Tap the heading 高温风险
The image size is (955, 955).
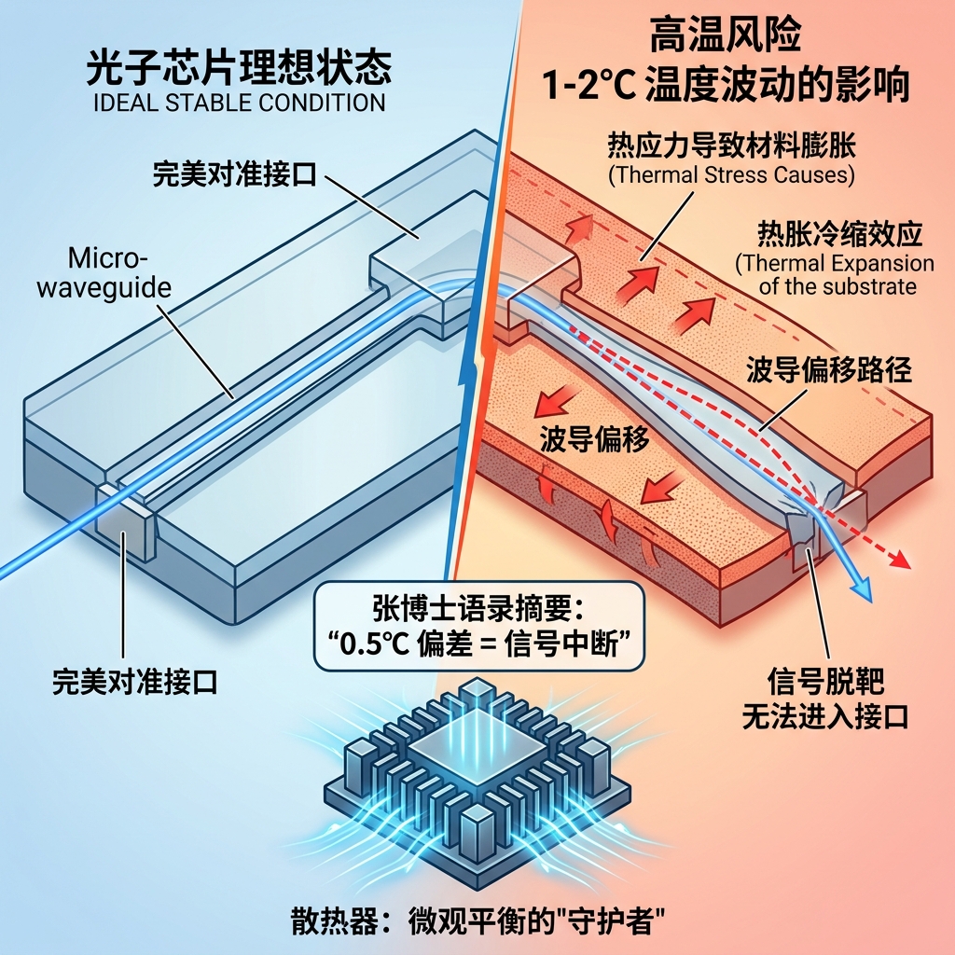coord(727,39)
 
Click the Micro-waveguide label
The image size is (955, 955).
coord(104,272)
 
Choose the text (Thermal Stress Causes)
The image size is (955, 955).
coord(731,174)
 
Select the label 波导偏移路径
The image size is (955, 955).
coord(828,370)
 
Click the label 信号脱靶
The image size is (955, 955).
coord(811,678)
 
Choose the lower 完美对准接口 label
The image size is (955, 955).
coord(134,684)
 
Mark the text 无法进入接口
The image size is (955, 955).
coord(811,716)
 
